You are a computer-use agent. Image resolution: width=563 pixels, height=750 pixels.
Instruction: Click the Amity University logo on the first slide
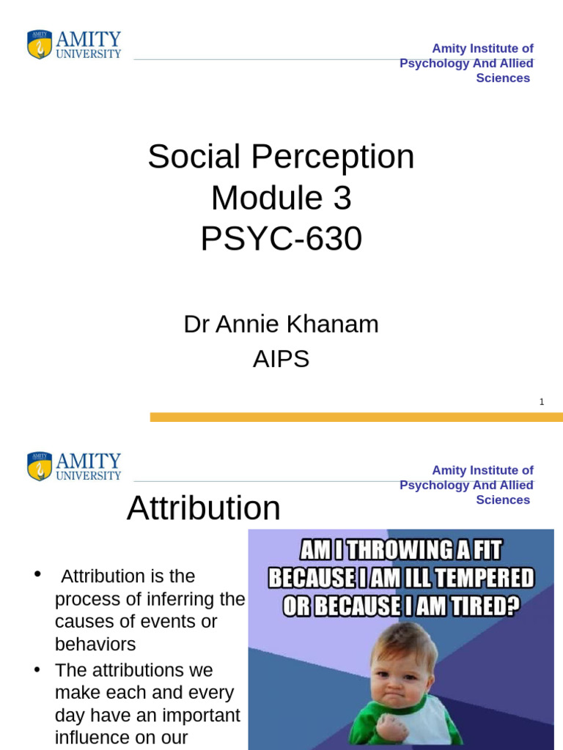click(x=74, y=45)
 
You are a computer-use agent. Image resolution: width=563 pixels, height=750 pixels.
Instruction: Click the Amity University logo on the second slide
click(x=74, y=467)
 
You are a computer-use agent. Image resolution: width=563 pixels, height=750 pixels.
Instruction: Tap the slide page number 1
click(x=541, y=401)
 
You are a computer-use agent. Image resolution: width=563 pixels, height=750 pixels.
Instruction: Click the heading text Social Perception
click(x=281, y=157)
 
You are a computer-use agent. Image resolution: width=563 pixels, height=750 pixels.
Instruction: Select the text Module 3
click(x=281, y=198)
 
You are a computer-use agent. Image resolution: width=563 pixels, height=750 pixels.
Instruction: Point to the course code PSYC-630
click(x=281, y=239)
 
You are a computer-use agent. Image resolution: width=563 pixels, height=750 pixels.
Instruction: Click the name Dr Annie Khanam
click(x=281, y=324)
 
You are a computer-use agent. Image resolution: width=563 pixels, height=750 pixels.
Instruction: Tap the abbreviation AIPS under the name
click(x=281, y=359)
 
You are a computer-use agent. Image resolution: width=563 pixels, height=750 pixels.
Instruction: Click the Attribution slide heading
click(x=203, y=508)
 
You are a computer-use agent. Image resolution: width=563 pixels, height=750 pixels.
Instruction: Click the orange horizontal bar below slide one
click(x=356, y=417)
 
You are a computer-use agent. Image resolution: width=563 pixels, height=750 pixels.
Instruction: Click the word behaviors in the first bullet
click(x=95, y=645)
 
